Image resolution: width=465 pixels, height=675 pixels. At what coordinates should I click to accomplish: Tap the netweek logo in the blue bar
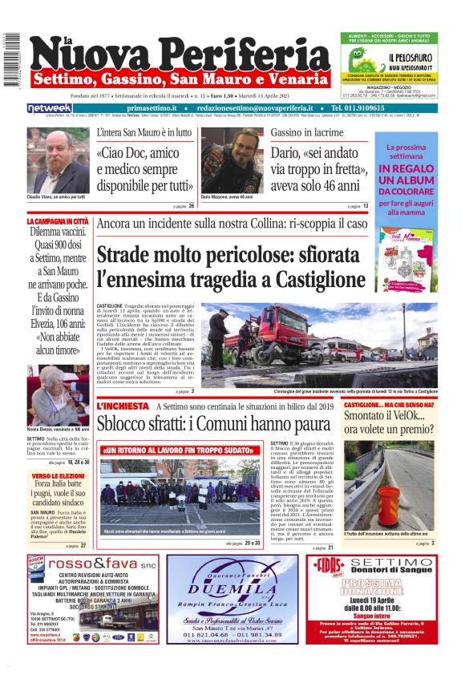[50, 107]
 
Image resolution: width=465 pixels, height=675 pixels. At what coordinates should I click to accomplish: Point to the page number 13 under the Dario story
[365, 206]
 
